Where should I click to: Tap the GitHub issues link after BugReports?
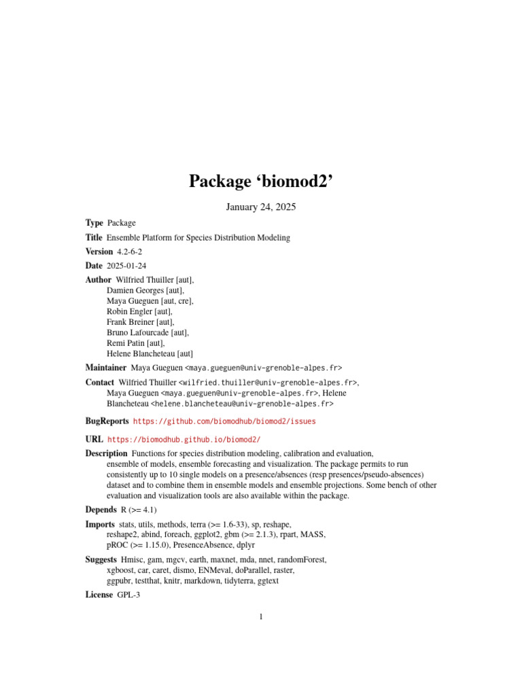tap(224, 421)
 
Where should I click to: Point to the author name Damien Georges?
tap(135, 290)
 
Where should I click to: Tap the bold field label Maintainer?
tap(105, 368)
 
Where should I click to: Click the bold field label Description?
tap(106, 453)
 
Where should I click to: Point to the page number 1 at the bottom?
tap(260, 617)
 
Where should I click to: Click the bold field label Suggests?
tap(101, 560)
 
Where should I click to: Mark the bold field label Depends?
tap(101, 510)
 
